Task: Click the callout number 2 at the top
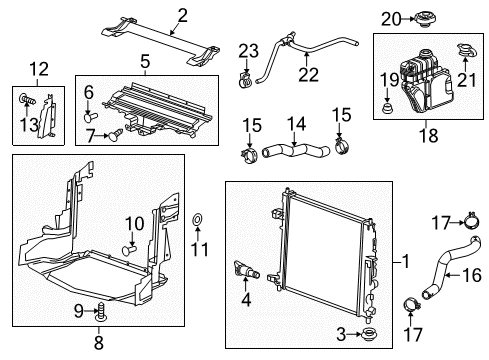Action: (x=182, y=13)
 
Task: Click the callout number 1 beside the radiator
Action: (x=406, y=262)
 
